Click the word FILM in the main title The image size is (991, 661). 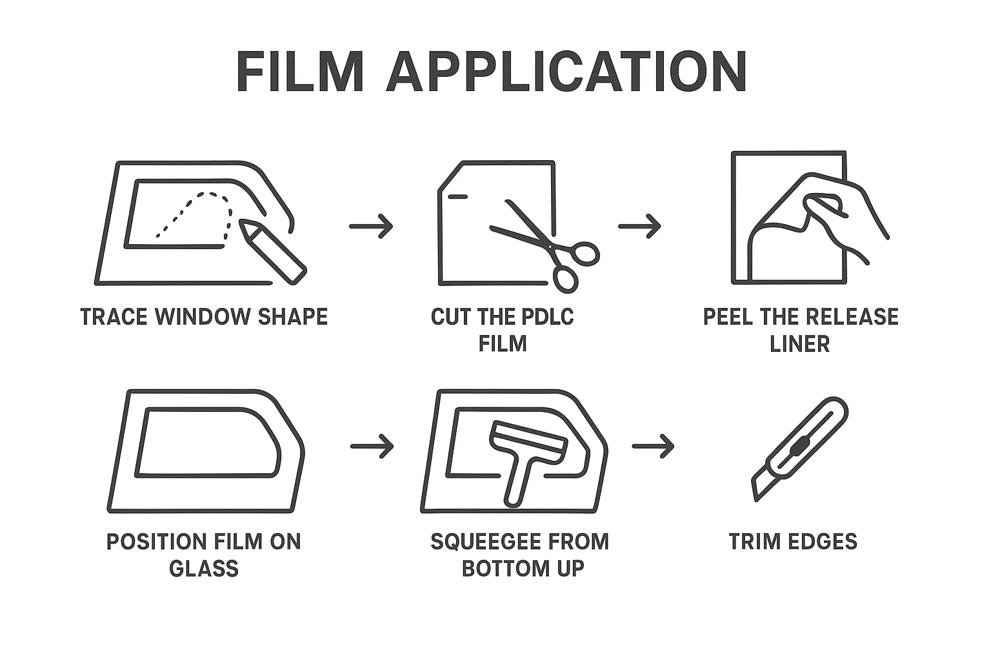(300, 71)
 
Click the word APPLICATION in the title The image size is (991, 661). (566, 71)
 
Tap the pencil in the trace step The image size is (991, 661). (272, 250)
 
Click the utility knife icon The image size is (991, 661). (800, 449)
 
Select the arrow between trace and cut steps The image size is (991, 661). (371, 226)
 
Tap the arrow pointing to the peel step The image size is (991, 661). (639, 226)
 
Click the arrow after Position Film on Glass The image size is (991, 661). (372, 446)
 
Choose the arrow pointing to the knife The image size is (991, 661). (653, 446)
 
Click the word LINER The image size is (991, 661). (800, 343)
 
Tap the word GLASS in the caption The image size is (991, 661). (204, 568)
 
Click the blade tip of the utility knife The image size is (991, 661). (756, 500)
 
